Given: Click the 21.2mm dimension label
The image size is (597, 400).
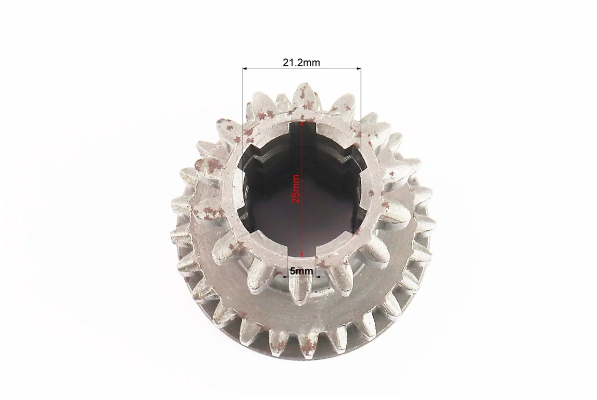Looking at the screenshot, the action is coord(301,62).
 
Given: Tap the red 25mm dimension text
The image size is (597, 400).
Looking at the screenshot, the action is coord(296,189).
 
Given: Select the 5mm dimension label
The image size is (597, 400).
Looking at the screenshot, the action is coord(301,271).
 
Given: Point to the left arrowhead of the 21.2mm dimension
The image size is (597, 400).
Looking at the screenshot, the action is coord(245,68).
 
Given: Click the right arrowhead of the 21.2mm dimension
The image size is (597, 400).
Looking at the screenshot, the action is coord(358,68).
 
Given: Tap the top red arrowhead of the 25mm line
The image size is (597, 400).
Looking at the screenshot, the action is coord(302,124).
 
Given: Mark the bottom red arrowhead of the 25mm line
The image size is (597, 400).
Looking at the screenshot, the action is coord(302,254).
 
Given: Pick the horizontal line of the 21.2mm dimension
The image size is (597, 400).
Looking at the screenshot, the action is coord(301,68).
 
